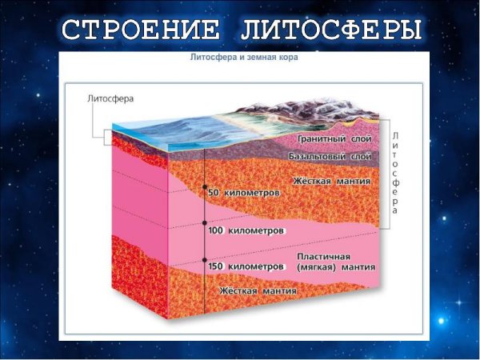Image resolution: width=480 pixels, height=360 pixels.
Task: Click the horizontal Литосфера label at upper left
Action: tap(110, 99)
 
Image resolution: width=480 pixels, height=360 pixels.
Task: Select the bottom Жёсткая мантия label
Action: tap(258, 291)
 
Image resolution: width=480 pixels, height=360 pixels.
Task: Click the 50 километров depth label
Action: tap(244, 194)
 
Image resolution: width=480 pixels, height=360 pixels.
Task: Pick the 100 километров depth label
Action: tap(246, 230)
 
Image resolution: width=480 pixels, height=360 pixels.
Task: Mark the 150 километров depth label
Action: tap(246, 265)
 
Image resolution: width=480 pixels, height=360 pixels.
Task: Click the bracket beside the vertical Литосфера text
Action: tap(386, 174)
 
